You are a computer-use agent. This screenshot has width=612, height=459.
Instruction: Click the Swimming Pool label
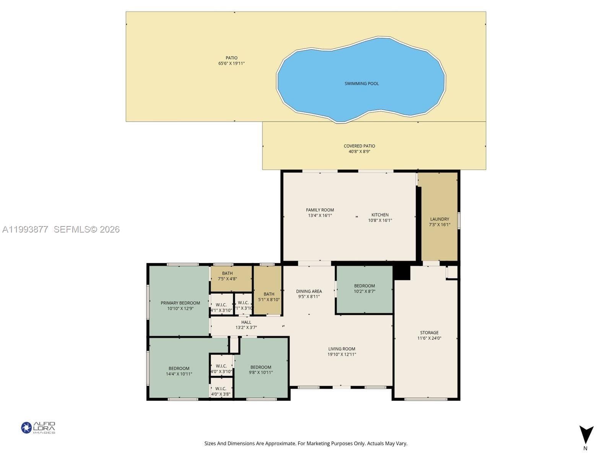[361, 84]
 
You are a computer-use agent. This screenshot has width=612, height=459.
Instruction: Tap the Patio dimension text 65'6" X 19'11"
[231, 63]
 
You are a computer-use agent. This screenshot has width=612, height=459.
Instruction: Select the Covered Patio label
[360, 146]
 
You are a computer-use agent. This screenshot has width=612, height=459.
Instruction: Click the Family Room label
[320, 210]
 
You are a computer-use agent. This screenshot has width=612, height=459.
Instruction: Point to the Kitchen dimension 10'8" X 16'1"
[380, 220]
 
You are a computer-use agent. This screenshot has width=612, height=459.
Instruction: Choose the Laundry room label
[440, 219]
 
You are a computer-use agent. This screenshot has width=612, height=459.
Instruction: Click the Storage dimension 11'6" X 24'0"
[430, 339]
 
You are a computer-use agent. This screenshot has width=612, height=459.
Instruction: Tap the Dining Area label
[309, 291]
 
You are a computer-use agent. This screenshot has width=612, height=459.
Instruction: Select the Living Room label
[342, 349]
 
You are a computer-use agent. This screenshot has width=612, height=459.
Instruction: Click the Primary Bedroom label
[181, 303]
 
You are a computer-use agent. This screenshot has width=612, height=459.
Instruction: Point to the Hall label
[246, 322]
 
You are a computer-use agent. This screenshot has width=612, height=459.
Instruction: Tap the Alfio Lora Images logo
[38, 428]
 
